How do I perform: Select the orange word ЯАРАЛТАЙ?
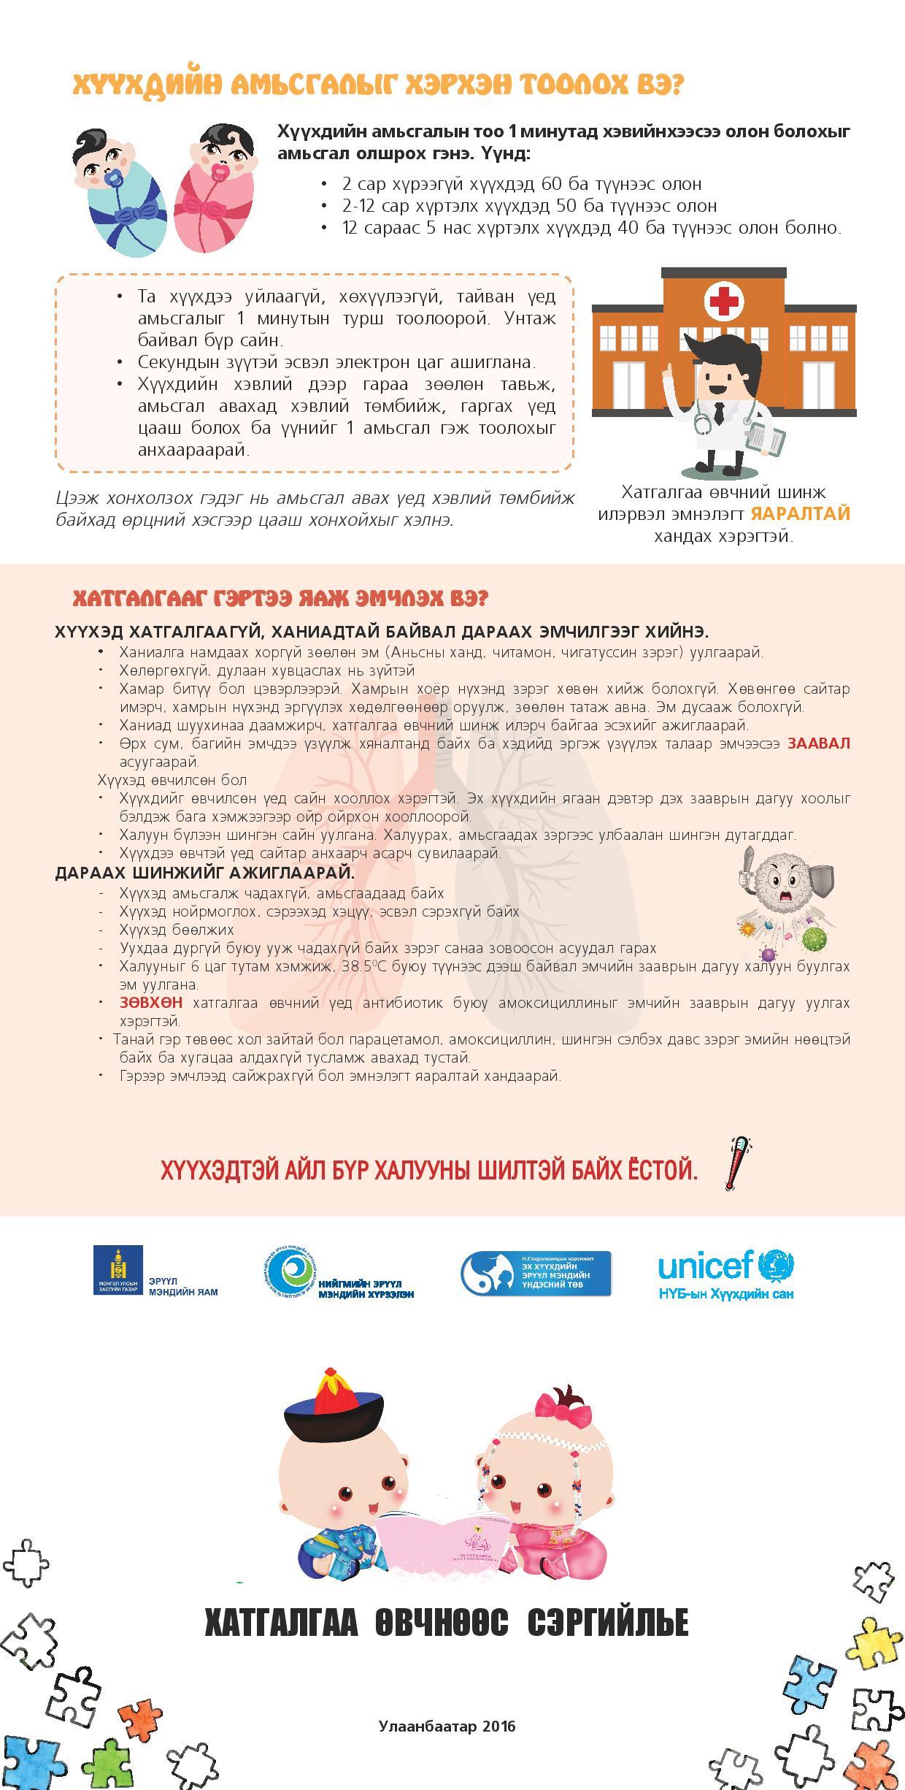(x=801, y=513)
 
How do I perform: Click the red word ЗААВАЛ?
(x=818, y=743)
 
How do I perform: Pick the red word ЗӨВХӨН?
(x=151, y=1003)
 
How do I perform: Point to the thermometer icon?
(x=738, y=1164)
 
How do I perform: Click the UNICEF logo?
(x=725, y=1274)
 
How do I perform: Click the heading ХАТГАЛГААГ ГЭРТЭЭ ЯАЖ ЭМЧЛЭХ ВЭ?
(x=280, y=599)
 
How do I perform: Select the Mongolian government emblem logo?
(x=117, y=1270)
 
